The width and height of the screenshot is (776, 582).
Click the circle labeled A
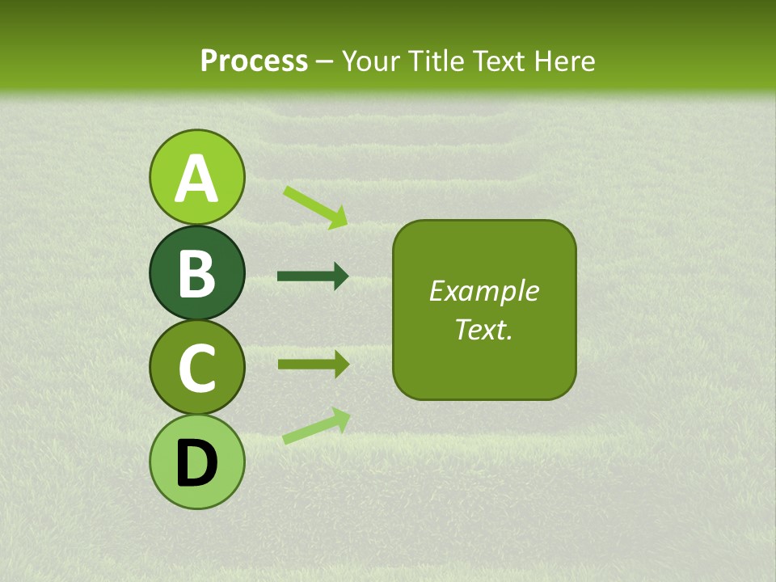click(196, 177)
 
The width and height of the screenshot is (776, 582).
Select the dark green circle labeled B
click(196, 272)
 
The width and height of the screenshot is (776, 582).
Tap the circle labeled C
click(196, 368)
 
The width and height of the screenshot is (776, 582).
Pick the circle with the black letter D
click(196, 462)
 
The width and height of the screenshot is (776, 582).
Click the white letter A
click(196, 179)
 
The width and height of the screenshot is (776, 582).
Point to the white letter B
click(196, 273)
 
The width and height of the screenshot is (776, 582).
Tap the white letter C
click(196, 369)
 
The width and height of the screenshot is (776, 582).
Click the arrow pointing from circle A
click(315, 207)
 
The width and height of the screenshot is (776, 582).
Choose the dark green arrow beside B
click(313, 276)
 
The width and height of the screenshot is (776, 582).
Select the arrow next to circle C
click(313, 364)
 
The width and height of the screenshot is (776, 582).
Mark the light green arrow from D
click(316, 425)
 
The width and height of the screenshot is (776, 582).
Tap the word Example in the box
click(484, 291)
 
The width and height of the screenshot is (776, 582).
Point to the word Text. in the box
click(484, 329)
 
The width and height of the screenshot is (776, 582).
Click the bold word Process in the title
click(254, 61)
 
